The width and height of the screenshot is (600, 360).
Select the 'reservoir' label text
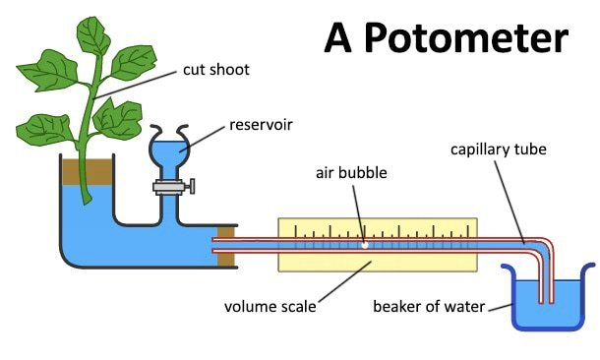[262, 125]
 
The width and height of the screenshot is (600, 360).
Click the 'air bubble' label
[351, 173]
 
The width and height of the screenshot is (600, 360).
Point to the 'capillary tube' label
[498, 150]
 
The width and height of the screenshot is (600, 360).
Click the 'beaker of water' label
[428, 306]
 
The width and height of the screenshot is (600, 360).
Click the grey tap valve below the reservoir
[171, 186]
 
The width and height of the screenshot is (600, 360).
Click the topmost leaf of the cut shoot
[93, 34]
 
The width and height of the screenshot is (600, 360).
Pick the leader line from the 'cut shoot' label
[138, 83]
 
